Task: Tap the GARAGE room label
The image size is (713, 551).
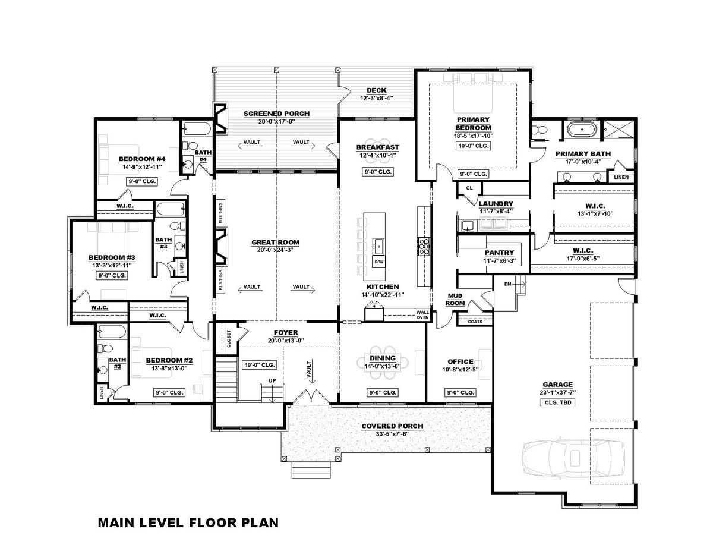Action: tap(557, 384)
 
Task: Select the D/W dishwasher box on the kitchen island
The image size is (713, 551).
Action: tap(378, 262)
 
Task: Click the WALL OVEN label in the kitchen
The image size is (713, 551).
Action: tap(422, 314)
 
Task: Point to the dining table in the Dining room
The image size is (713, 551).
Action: tap(383, 362)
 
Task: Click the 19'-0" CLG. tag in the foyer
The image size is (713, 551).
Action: tap(259, 365)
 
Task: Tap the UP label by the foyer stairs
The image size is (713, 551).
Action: tap(273, 380)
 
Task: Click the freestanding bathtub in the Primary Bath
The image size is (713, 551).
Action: tap(579, 130)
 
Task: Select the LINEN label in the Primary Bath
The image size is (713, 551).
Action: tap(620, 177)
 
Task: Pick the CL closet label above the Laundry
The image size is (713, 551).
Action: tap(469, 188)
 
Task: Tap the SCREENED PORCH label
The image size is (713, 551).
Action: tap(276, 113)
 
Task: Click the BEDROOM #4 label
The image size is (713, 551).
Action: tap(141, 159)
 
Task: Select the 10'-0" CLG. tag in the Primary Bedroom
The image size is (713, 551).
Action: tap(473, 146)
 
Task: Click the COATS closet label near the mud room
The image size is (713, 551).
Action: tap(474, 322)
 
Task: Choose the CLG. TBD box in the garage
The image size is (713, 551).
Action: tap(557, 402)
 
